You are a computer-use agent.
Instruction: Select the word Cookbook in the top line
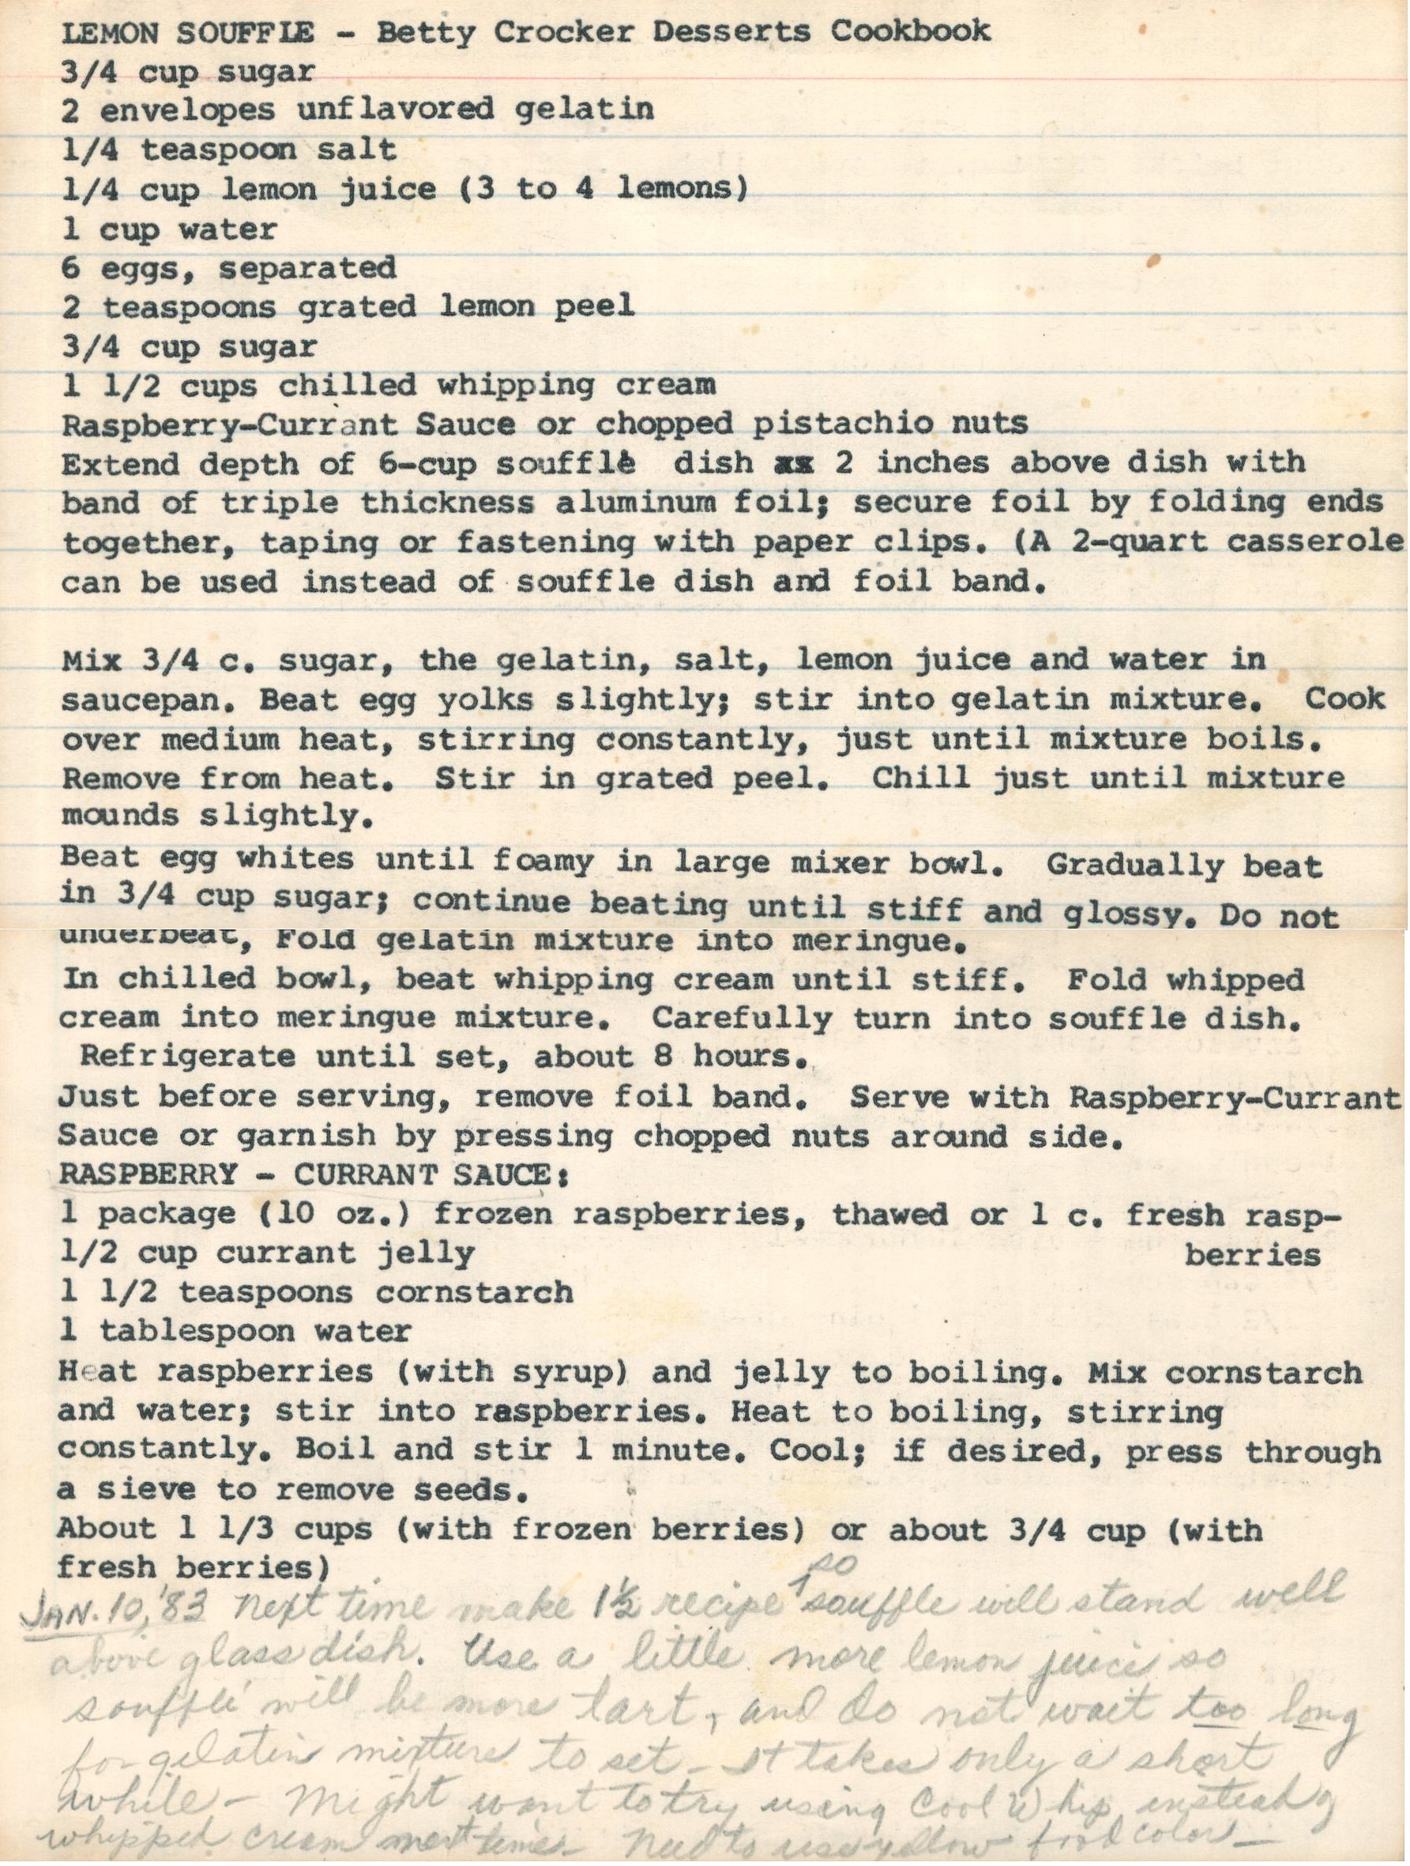[911, 31]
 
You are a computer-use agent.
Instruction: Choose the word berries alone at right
[1251, 1256]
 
